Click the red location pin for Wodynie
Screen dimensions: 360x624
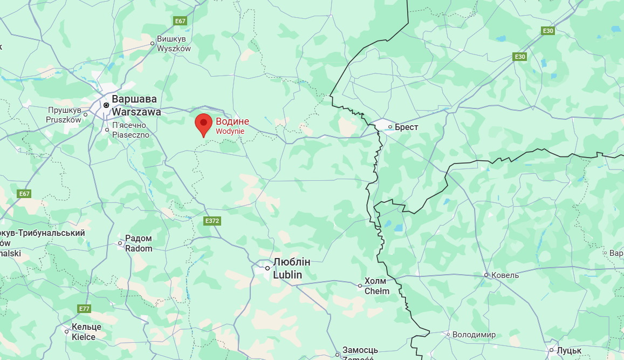tap(203, 124)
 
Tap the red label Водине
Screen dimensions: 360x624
tap(232, 121)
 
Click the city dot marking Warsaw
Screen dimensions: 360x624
tap(106, 105)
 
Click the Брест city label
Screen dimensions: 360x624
tap(406, 127)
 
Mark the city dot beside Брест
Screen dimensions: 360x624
tap(390, 127)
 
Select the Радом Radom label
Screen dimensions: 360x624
tap(139, 243)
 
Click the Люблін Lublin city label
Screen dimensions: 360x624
tap(291, 268)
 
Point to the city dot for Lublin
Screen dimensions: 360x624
tap(267, 268)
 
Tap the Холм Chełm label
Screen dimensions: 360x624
tap(376, 286)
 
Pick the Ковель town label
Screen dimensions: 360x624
tap(505, 275)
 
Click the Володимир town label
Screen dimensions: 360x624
tap(474, 335)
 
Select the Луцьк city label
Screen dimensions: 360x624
tap(569, 350)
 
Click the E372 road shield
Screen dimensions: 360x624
tap(211, 221)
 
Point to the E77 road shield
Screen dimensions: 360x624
tap(84, 309)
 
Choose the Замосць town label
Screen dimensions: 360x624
tap(360, 350)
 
